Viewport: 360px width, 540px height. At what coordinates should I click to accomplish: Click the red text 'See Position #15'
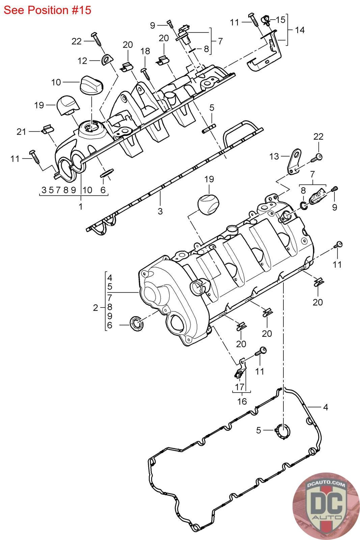coord(48,10)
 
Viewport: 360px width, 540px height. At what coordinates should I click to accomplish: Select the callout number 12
coord(82,61)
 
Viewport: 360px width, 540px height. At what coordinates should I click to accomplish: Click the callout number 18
coord(145,51)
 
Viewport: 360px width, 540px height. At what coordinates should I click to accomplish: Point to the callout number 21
coord(21,132)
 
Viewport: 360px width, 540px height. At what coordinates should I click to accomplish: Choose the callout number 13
coord(274,157)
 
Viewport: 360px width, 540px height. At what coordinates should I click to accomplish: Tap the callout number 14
coord(300,30)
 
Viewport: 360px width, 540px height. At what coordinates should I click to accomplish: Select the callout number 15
coord(280,20)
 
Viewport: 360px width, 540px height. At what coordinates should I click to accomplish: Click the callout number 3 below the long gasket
coord(160,211)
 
